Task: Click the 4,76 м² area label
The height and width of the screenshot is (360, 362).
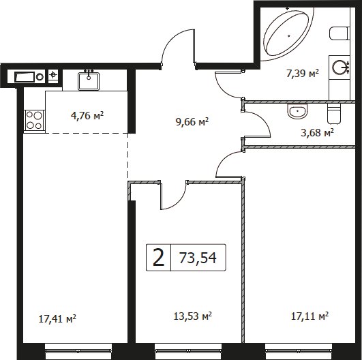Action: click(87, 115)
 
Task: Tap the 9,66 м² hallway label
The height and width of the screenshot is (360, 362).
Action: click(192, 121)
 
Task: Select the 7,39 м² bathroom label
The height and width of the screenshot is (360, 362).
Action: click(303, 74)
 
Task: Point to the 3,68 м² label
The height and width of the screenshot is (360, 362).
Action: click(318, 132)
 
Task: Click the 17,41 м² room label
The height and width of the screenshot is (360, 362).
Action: click(57, 320)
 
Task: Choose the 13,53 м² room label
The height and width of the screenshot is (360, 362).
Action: click(193, 316)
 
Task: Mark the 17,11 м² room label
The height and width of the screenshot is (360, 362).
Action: click(310, 316)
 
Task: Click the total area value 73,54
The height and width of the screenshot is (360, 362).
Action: click(198, 258)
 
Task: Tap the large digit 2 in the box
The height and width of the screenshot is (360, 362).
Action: click(159, 258)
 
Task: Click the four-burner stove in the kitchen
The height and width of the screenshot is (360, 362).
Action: click(34, 120)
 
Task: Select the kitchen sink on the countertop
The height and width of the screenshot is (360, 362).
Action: click(89, 81)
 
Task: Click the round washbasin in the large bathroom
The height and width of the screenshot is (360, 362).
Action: click(339, 67)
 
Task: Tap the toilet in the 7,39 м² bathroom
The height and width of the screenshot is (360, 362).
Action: click(340, 33)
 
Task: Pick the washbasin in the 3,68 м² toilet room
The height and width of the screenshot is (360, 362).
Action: click(298, 111)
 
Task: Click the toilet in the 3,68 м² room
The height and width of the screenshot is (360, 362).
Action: click(334, 113)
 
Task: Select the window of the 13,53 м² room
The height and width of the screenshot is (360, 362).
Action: click(188, 351)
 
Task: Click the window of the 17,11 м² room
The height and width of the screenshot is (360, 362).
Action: click(299, 351)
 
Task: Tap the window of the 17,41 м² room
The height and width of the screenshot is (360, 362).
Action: click(78, 351)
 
